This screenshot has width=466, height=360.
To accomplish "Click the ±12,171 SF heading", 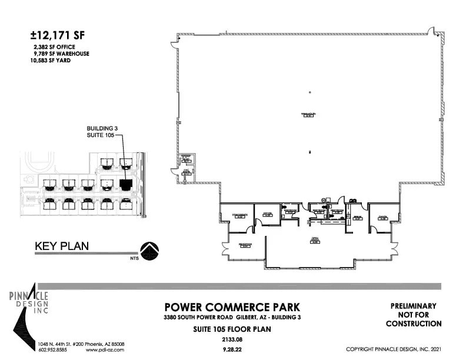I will [57, 35].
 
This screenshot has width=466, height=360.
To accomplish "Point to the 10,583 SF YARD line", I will [48, 59].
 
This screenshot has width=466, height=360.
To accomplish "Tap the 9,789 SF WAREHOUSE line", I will [61, 53].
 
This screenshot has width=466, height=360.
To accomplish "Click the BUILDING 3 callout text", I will [102, 128].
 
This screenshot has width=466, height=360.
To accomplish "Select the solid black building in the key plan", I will [125, 184].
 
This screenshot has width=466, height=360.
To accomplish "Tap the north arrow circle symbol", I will [149, 251].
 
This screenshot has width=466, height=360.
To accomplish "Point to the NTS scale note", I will [127, 256].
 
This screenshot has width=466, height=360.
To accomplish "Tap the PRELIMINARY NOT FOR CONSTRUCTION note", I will [413, 315].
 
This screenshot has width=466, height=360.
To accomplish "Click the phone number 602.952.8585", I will [54, 349].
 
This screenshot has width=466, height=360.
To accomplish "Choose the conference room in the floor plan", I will [238, 216].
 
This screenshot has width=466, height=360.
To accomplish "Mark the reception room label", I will [245, 244].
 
